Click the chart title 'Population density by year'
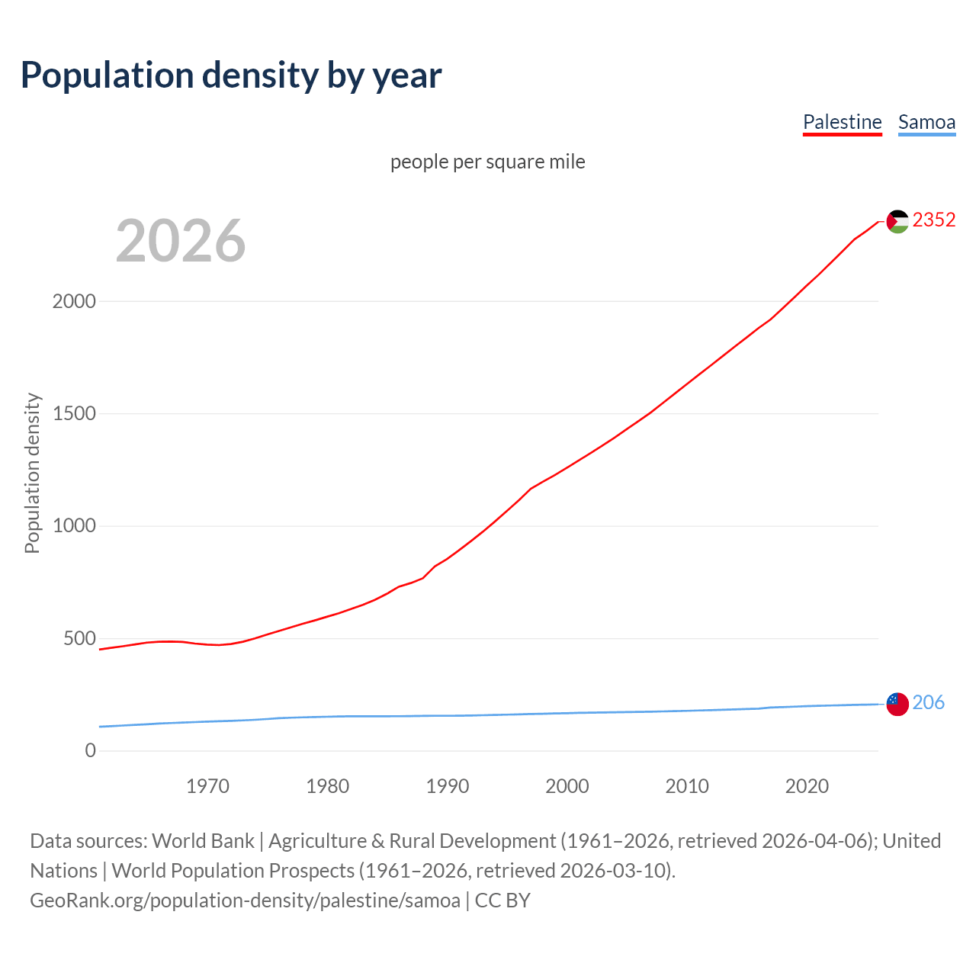(x=231, y=75)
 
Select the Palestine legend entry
(x=842, y=122)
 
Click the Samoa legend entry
(x=926, y=122)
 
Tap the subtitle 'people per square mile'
(x=487, y=162)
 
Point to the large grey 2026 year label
(x=181, y=241)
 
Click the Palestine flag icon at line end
(x=897, y=221)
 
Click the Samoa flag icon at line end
(x=897, y=704)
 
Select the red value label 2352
(x=934, y=220)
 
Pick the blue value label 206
(x=928, y=702)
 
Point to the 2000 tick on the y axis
(x=74, y=301)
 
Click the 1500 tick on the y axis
(x=74, y=413)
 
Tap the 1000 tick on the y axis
(x=74, y=526)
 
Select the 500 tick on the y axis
(x=79, y=638)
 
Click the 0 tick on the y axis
(x=91, y=750)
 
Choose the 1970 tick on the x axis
(x=207, y=786)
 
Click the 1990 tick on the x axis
(x=448, y=786)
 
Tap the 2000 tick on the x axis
(x=567, y=786)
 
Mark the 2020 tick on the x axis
(x=807, y=786)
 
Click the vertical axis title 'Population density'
(x=32, y=473)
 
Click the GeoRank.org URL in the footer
(x=245, y=901)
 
